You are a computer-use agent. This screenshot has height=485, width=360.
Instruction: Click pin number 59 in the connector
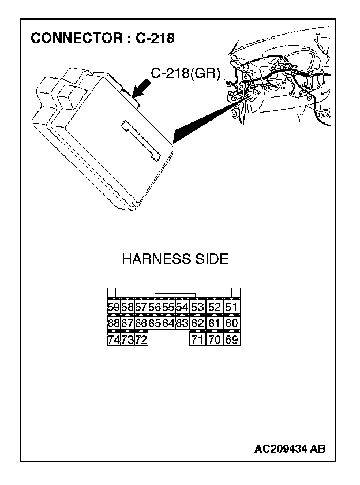tap(114, 307)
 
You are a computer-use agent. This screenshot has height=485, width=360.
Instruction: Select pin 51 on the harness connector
tap(232, 307)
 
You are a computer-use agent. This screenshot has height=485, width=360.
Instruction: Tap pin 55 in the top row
tap(168, 307)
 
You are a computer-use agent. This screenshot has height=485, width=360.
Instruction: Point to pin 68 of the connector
tap(114, 323)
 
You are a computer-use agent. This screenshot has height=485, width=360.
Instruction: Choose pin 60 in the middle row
tap(232, 323)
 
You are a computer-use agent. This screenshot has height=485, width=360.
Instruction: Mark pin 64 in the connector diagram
tap(168, 323)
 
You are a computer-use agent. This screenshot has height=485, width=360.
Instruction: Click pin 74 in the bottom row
tap(114, 339)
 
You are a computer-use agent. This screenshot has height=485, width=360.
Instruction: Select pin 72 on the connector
tap(141, 339)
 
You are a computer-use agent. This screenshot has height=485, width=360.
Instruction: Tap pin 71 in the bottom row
tap(197, 339)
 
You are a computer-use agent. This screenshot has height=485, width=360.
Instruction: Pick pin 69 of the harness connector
tap(232, 339)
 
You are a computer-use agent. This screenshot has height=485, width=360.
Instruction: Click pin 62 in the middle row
tap(197, 323)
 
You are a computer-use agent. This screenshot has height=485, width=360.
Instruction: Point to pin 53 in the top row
tap(197, 307)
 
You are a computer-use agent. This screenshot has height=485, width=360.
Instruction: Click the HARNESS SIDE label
tap(175, 259)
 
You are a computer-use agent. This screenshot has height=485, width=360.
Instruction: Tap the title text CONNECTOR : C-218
tap(102, 39)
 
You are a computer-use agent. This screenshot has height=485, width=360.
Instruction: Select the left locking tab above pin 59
tap(112, 292)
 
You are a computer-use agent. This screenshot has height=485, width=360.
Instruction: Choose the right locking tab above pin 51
tap(235, 292)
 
